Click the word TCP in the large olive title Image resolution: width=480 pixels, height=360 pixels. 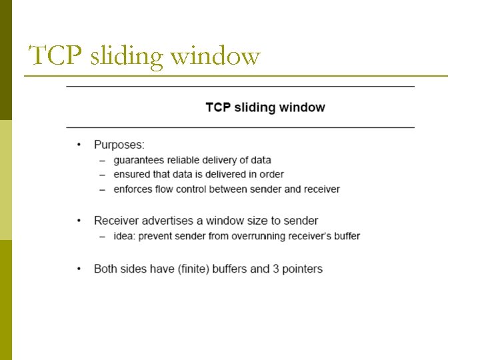coord(55,55)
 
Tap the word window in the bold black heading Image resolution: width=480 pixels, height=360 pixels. coord(302,107)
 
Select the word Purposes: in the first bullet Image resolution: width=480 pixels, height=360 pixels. coord(119,145)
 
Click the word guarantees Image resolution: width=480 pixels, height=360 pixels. coord(139,160)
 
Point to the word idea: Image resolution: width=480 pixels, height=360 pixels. coord(125,236)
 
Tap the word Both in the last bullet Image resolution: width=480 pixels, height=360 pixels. coord(106,269)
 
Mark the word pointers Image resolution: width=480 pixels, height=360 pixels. coord(301,269)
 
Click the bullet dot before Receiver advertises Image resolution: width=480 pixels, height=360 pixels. coord(79,221)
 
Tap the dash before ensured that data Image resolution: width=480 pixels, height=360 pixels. coord(102,175)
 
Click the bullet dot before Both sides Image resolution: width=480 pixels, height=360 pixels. coord(79,269)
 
